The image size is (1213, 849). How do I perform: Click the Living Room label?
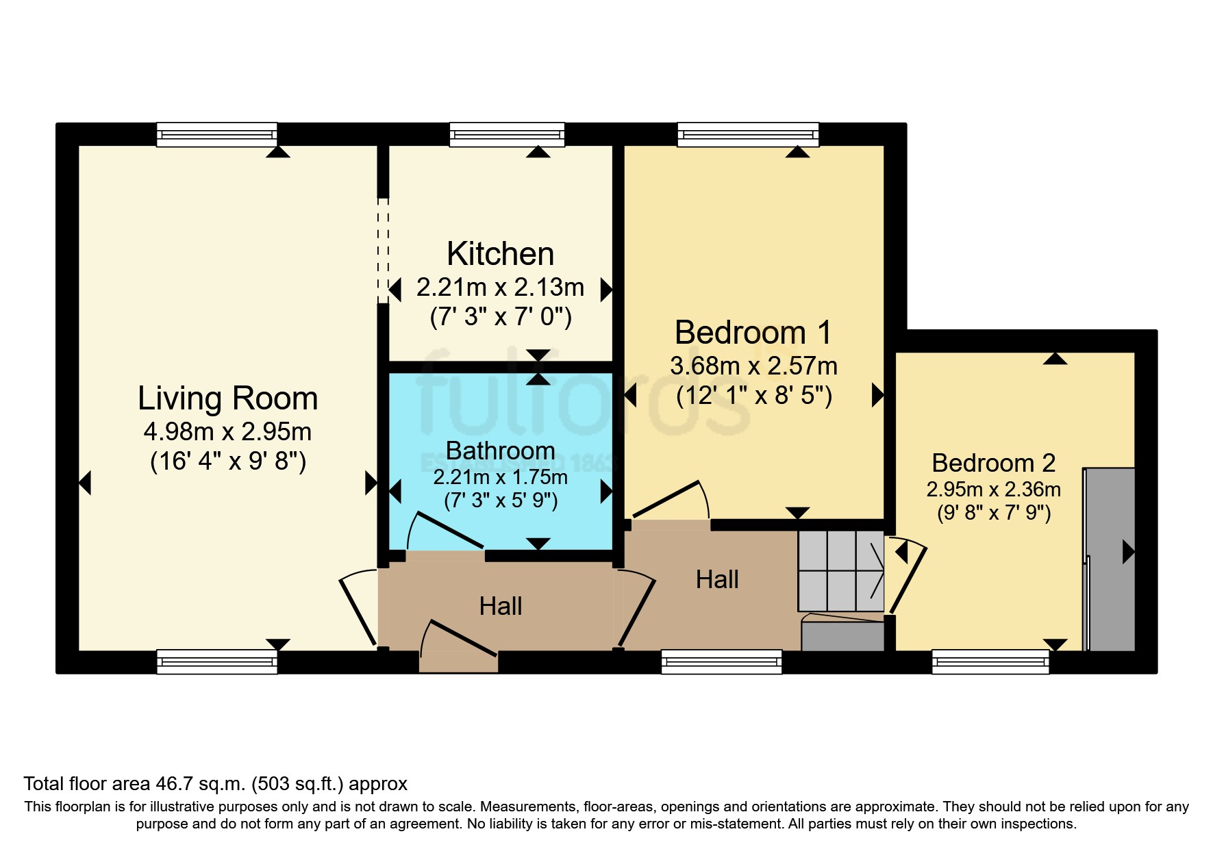point(227,398)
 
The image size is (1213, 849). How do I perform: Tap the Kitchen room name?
point(500,254)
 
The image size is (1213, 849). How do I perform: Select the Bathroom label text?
point(500,451)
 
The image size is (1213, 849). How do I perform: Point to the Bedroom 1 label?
point(753,333)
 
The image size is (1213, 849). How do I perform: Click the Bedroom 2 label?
point(993,463)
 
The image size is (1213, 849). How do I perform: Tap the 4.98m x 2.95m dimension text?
point(227,432)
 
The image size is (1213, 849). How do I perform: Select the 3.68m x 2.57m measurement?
point(753,366)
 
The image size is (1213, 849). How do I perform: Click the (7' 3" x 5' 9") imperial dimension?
point(501,500)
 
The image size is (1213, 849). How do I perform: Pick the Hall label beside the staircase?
point(717,580)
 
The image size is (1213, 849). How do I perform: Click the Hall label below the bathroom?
point(500,607)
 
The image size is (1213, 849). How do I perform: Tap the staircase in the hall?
point(840,571)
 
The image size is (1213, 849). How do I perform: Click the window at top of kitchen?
point(507,134)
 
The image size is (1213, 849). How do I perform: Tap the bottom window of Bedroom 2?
point(990,661)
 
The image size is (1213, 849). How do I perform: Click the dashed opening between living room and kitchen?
point(383,251)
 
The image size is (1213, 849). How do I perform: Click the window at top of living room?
point(216,134)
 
